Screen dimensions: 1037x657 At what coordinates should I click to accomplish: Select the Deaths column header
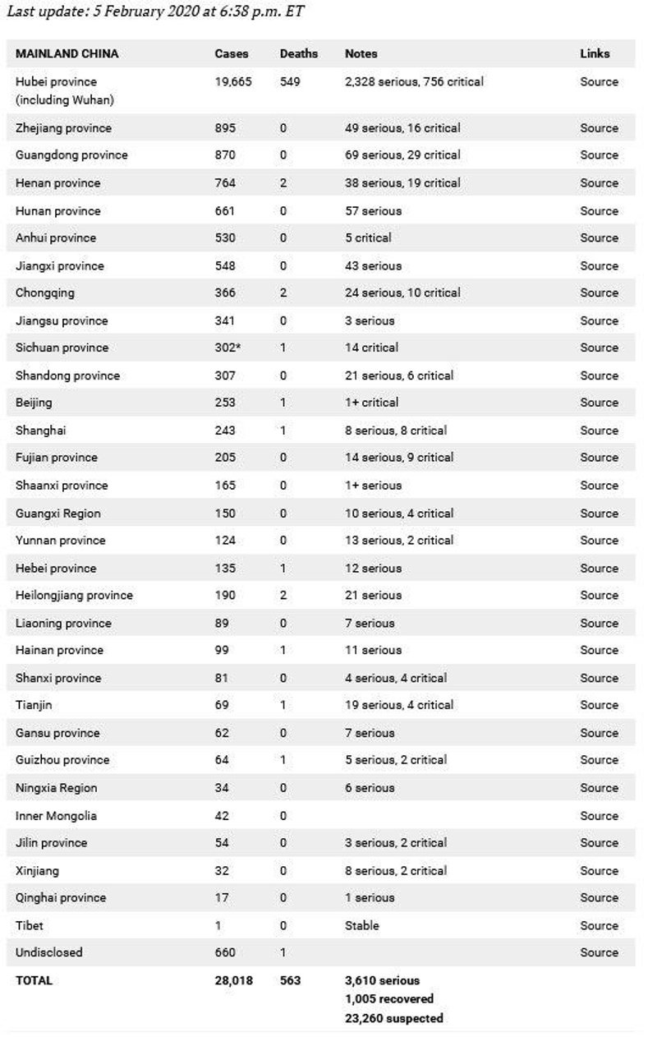click(x=299, y=53)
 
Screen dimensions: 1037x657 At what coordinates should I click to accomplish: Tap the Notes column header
click(x=361, y=53)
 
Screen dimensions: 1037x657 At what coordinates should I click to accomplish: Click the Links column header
click(x=595, y=53)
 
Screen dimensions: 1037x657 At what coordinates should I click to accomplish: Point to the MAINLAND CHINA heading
click(x=67, y=53)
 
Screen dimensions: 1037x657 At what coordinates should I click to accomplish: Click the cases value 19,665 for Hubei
click(x=233, y=81)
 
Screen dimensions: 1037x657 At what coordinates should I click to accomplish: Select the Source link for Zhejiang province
click(x=599, y=128)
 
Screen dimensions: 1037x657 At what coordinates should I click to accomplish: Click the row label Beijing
click(x=34, y=403)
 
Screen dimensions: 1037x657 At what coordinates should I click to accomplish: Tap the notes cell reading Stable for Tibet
click(x=362, y=925)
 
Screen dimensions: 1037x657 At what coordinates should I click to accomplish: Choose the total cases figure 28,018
click(x=234, y=980)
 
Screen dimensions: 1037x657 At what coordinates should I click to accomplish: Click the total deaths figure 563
click(x=291, y=980)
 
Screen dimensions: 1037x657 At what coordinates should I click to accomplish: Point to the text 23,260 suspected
click(x=393, y=1018)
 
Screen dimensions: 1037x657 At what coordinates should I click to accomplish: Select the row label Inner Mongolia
click(x=56, y=816)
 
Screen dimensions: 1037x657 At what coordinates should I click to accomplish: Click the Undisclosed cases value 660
click(x=225, y=952)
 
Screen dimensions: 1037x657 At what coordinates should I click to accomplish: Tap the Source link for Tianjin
click(x=599, y=705)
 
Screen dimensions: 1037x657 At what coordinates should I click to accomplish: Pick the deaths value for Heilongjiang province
click(x=283, y=595)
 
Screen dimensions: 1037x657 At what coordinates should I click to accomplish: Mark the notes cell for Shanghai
click(x=396, y=431)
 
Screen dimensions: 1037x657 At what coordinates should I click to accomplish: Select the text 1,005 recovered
click(x=389, y=999)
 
